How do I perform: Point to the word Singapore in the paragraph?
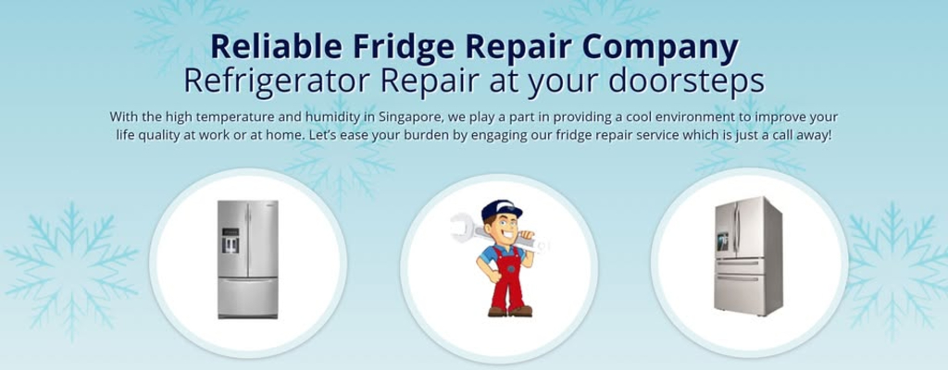pos(404,117)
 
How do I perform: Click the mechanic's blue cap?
pos(501,210)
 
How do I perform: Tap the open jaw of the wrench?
pos(461,226)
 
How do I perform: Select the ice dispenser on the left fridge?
pos(231,240)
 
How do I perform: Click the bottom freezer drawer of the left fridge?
pos(248,297)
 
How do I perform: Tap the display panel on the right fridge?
pos(722,241)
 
